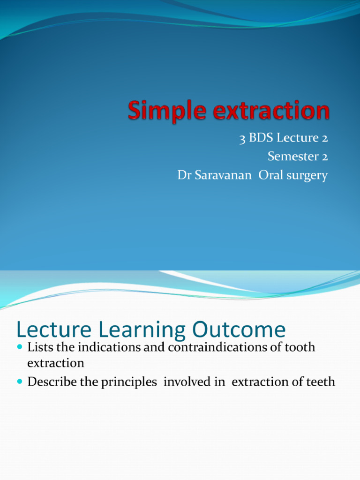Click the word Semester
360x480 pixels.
[292, 157]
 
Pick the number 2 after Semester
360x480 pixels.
[324, 157]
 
